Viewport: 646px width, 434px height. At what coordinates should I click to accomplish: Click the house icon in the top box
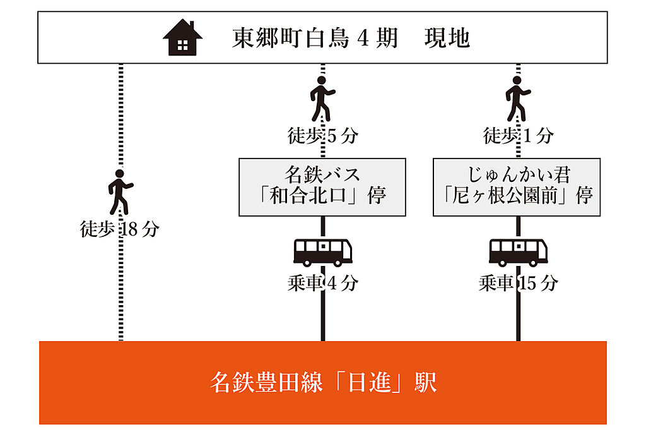(x=182, y=38)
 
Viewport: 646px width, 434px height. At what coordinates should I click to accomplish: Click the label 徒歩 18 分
(x=119, y=229)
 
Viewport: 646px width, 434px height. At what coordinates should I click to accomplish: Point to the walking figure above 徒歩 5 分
(x=322, y=99)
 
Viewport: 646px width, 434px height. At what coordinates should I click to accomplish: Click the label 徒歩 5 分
(x=322, y=135)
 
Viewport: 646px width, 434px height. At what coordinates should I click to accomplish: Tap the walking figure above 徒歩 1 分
(x=518, y=99)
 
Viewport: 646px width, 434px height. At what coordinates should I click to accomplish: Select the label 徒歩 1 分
(x=518, y=135)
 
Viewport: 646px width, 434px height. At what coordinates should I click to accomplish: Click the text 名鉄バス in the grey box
(x=322, y=174)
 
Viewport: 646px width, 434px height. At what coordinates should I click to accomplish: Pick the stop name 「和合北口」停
(x=322, y=196)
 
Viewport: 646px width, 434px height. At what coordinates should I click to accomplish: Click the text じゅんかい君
(x=517, y=174)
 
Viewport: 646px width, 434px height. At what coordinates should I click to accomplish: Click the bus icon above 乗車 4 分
(x=322, y=252)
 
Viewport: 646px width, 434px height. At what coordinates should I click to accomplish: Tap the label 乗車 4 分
(x=322, y=284)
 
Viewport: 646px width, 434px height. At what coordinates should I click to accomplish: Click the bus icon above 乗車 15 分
(x=518, y=252)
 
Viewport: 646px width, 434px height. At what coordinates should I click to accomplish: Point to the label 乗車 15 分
(x=518, y=284)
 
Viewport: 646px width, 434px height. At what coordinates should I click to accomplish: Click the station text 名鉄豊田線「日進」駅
(x=323, y=383)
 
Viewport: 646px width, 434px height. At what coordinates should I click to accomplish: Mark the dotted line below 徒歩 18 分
(x=120, y=291)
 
